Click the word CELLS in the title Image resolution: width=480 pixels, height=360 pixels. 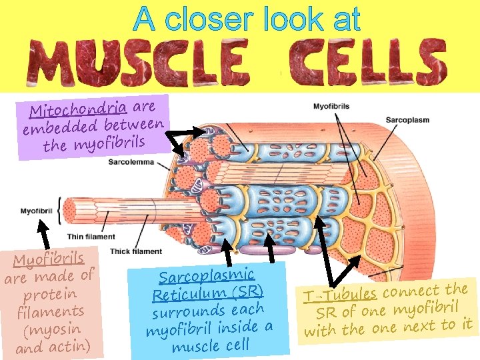click(x=363, y=60)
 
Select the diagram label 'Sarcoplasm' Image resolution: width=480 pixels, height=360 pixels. click(x=407, y=120)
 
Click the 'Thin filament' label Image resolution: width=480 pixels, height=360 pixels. click(x=91, y=236)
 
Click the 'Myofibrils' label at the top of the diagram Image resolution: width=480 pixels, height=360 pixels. click(x=331, y=107)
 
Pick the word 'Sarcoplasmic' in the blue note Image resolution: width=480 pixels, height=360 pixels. click(x=206, y=275)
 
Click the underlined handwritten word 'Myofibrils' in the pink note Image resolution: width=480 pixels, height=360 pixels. click(x=49, y=259)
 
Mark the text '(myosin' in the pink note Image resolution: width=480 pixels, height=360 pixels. click(x=51, y=329)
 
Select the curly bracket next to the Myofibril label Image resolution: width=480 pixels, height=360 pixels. click(x=61, y=211)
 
